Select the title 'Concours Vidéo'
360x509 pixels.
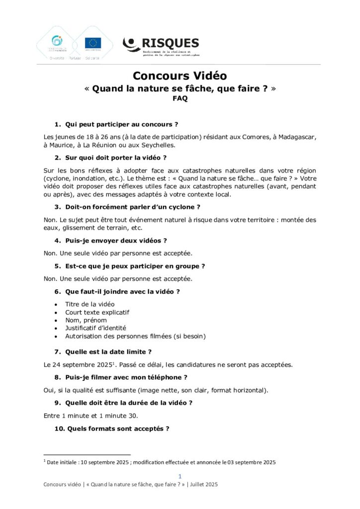point(180,76)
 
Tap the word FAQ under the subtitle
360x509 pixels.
point(180,98)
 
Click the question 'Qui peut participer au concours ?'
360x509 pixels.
point(121,124)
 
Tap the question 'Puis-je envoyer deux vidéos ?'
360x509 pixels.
point(116,241)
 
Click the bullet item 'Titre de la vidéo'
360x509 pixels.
point(90,304)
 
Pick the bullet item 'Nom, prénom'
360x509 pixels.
point(86,320)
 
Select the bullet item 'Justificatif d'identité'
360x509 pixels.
point(95,328)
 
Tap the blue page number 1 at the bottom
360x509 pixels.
point(180,476)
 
